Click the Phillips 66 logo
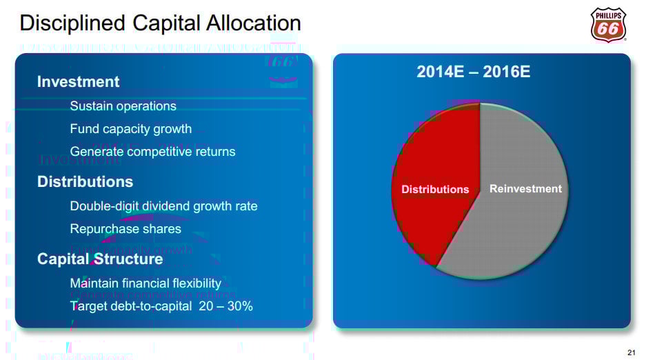[608, 25]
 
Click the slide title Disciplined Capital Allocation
[160, 23]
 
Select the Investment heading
[78, 81]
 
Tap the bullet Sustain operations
[123, 106]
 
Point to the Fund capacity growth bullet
[130, 129]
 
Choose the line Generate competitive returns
[152, 152]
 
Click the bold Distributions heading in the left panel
[85, 182]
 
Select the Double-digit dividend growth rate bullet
[163, 206]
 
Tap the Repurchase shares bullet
[125, 229]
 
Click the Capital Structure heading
[100, 259]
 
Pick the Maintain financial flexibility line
[145, 283]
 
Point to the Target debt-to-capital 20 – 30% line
[161, 306]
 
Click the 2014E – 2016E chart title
[474, 72]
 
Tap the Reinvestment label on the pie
[525, 189]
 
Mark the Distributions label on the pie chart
[435, 190]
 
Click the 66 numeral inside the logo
[607, 29]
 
